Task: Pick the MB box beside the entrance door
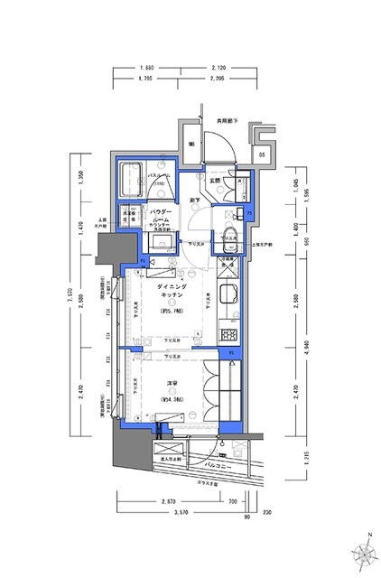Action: pyautogui.click(x=191, y=144)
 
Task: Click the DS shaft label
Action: pyautogui.click(x=261, y=154)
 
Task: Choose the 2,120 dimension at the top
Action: pyautogui.click(x=218, y=68)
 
